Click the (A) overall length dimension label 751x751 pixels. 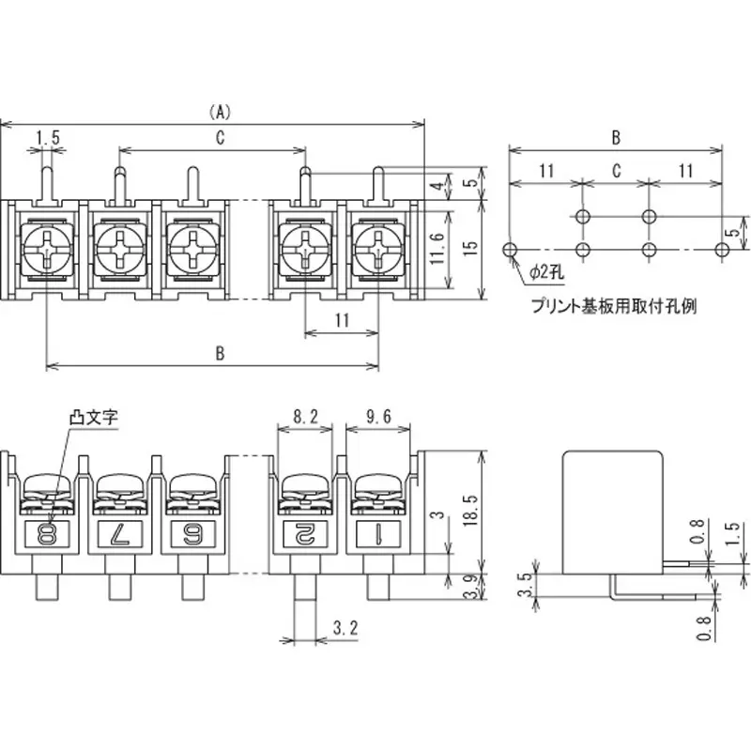[x=218, y=112]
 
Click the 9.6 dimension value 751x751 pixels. [x=378, y=416]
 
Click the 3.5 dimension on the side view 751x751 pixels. [x=527, y=585]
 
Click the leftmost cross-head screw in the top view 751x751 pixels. [x=46, y=251]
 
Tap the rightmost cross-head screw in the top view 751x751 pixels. [x=378, y=251]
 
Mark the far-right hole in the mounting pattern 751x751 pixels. [x=721, y=250]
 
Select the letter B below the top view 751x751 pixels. [x=219, y=353]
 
